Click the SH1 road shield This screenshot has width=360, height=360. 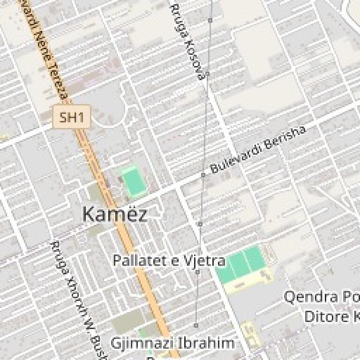pos(71,117)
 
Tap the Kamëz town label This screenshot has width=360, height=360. pos(114,214)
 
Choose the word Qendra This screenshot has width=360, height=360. pos(311,297)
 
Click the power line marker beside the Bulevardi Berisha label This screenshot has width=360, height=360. pos(203,175)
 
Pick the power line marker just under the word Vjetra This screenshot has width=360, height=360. pos(197,272)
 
